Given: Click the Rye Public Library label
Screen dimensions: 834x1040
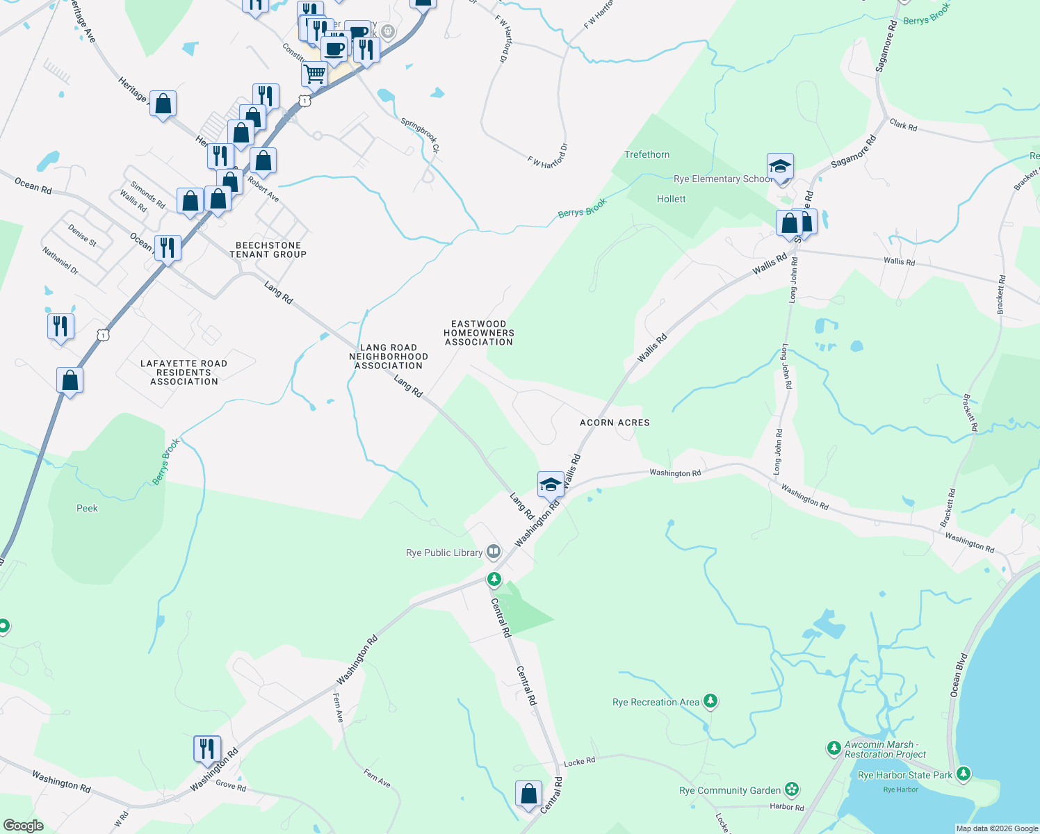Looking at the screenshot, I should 444,553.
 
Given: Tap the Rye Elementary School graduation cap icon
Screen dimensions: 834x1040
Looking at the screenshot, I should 781,167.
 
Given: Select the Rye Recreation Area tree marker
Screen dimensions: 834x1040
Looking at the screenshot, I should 710,701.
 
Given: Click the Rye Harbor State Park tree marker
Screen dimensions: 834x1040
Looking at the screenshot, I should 963,773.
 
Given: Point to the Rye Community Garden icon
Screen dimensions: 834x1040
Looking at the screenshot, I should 791,790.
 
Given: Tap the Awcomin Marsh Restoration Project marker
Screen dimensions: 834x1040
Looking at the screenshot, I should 834,749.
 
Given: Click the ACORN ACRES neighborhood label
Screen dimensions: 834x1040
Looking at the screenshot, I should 615,423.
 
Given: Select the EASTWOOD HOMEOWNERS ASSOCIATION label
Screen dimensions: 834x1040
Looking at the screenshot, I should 479,333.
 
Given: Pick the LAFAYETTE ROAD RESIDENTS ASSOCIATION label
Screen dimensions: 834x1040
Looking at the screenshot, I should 184,373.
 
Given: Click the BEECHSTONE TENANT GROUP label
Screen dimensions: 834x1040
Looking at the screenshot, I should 268,250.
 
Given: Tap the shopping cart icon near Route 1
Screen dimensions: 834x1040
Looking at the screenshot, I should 315,74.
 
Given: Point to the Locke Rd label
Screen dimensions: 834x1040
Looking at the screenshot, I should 579,762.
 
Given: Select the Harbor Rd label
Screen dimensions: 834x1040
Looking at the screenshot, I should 786,807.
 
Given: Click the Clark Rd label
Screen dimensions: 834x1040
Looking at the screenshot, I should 903,126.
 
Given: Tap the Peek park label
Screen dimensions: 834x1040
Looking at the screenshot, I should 87,508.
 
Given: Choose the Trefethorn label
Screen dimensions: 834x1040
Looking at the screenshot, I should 647,154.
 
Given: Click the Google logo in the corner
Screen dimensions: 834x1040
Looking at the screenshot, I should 23,826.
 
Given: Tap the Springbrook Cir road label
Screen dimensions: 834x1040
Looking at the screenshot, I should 420,136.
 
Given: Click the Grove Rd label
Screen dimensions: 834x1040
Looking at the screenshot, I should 231,786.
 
